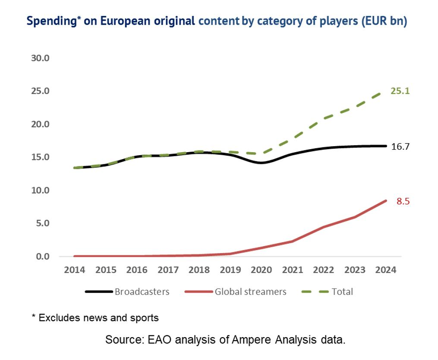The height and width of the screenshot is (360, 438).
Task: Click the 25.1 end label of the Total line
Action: pyautogui.click(x=400, y=91)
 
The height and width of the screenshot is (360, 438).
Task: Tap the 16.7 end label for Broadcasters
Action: pyautogui.click(x=400, y=147)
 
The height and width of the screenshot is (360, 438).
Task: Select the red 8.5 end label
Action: pyautogui.click(x=403, y=201)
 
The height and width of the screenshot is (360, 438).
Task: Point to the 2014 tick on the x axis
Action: pyautogui.click(x=75, y=270)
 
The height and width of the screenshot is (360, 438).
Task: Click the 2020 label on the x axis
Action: pyautogui.click(x=262, y=270)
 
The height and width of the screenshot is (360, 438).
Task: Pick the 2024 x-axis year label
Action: pyautogui.click(x=386, y=270)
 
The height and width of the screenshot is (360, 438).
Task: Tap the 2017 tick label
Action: pyautogui.click(x=168, y=270)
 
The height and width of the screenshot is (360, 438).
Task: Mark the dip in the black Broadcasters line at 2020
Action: pyautogui.click(x=262, y=163)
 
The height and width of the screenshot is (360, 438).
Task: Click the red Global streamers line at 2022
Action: pyautogui.click(x=324, y=227)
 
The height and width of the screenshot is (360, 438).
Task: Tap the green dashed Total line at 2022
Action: pyautogui.click(x=324, y=118)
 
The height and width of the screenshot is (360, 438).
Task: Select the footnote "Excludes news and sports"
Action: pyautogui.click(x=99, y=318)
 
